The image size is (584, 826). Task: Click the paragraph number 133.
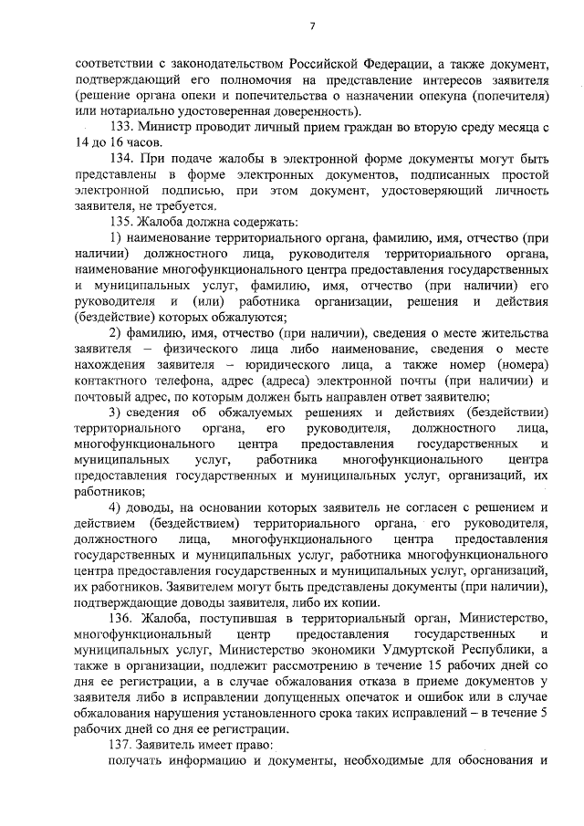pyautogui.click(x=122, y=128)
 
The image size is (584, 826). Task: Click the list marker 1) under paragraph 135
pyautogui.click(x=115, y=238)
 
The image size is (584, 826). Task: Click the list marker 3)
pyautogui.click(x=115, y=413)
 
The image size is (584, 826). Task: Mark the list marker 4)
pyautogui.click(x=115, y=507)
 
